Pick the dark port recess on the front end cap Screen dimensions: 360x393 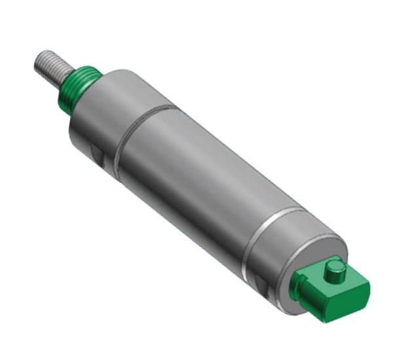96,156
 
